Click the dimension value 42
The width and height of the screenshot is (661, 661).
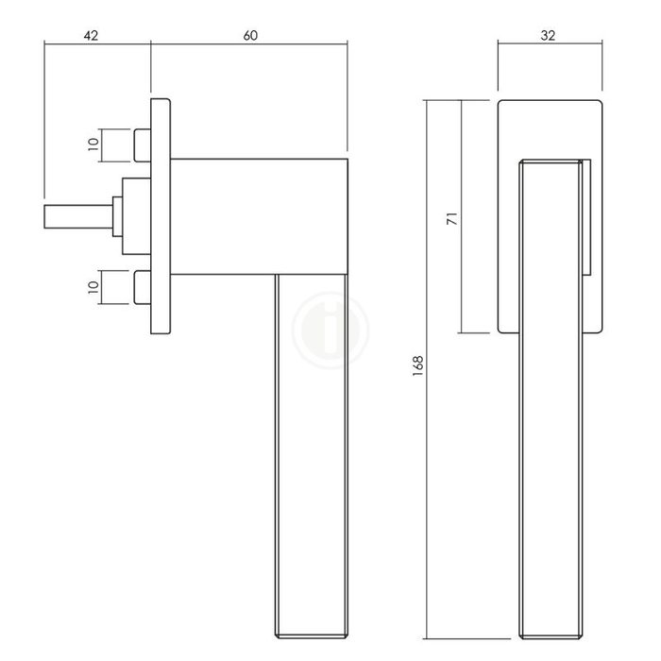(91, 36)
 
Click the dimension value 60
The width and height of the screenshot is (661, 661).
(249, 36)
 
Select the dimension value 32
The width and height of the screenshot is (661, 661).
(549, 36)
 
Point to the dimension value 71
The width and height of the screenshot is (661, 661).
(451, 218)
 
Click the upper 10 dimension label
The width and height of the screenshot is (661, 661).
(93, 144)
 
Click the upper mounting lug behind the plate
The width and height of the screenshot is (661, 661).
(142, 144)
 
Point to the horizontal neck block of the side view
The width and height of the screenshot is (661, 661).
(260, 216)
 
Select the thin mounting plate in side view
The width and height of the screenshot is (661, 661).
(161, 216)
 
